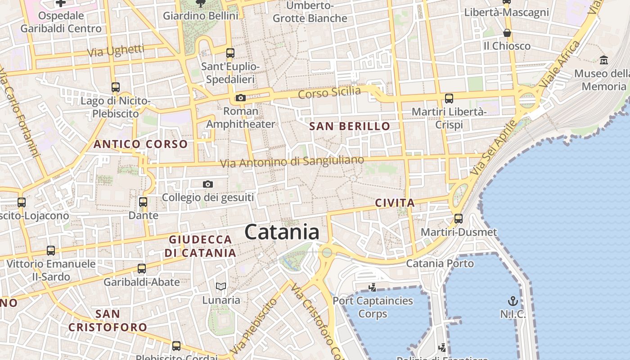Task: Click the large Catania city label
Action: (x=282, y=232)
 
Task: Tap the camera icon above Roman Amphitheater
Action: (x=240, y=98)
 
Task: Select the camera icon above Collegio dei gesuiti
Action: (x=207, y=184)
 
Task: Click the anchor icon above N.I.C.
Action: (x=513, y=301)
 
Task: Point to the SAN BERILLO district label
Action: (x=350, y=126)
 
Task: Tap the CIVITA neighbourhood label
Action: (x=395, y=203)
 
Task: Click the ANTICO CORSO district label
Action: (x=140, y=144)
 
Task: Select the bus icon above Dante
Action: (x=143, y=202)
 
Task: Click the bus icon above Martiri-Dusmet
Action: (x=459, y=219)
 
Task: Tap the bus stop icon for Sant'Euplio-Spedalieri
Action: (x=230, y=53)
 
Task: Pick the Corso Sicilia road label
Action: (x=329, y=93)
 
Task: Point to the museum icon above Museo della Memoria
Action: (x=604, y=60)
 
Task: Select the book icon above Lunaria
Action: (x=220, y=286)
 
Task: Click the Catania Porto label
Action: (x=440, y=263)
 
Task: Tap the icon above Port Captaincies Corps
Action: (x=372, y=287)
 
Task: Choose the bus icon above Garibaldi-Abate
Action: (x=142, y=269)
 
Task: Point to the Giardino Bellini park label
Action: (x=200, y=16)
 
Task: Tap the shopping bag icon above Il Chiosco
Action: (x=507, y=33)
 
